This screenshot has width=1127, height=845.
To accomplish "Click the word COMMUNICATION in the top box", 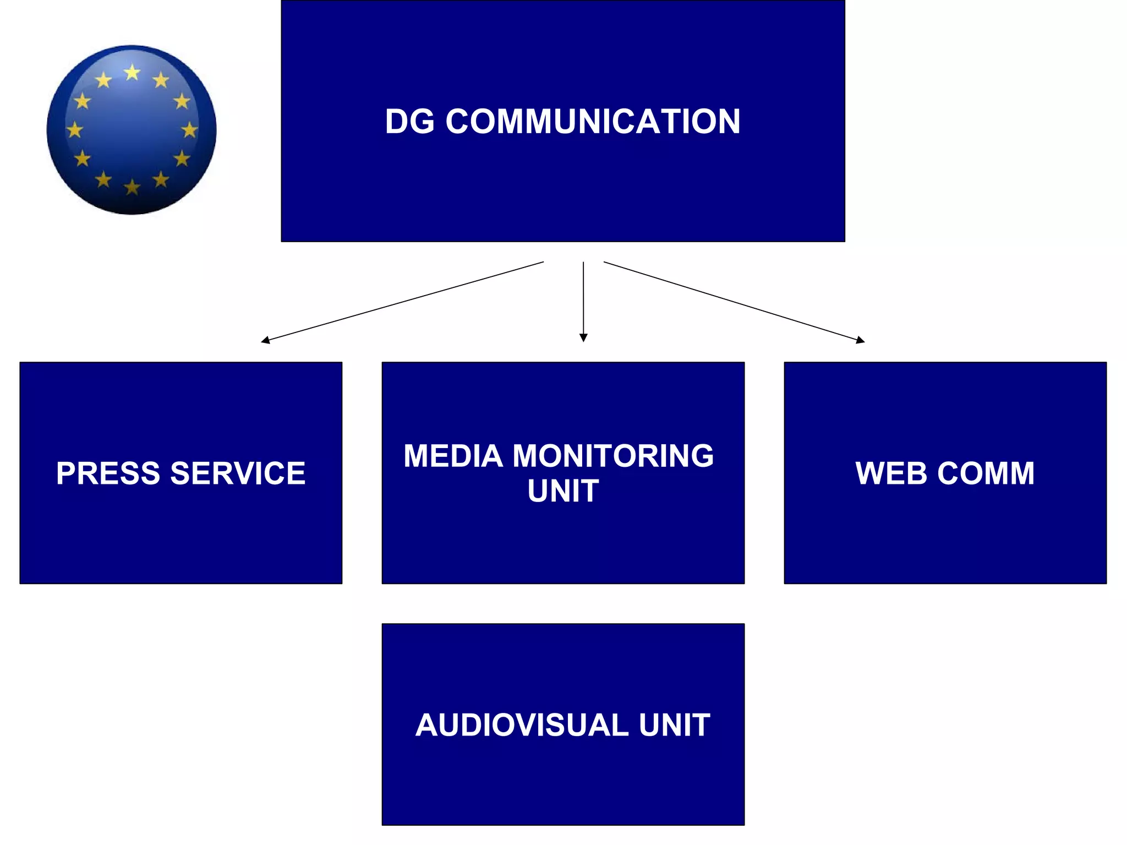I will pos(593,121).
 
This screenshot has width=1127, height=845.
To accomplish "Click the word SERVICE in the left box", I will pos(238,473).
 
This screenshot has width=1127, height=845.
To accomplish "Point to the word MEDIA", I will pos(453,456).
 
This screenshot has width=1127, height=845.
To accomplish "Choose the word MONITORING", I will pos(613,456).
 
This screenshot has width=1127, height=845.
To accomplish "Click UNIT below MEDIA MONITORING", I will pos(563,491).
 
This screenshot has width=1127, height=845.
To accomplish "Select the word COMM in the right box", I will pos(986,473).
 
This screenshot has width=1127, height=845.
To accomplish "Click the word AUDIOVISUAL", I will pos(522,725).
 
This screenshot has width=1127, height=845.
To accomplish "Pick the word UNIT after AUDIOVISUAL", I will pos(674,725).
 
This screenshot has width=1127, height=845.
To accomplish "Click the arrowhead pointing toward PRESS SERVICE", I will pos(265,341).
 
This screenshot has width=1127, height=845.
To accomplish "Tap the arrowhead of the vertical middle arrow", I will pos(583,338).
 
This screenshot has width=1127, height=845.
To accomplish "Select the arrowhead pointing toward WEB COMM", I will pos(861,341).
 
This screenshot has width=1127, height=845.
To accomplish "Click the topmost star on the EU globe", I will pos(132,72).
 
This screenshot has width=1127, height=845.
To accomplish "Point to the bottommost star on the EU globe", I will pos(132,188).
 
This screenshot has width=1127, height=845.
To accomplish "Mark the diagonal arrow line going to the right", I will pos(732,301).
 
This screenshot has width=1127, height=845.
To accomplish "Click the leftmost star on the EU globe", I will pos(75,130).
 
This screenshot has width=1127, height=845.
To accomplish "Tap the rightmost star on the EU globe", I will pos(189,130).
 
